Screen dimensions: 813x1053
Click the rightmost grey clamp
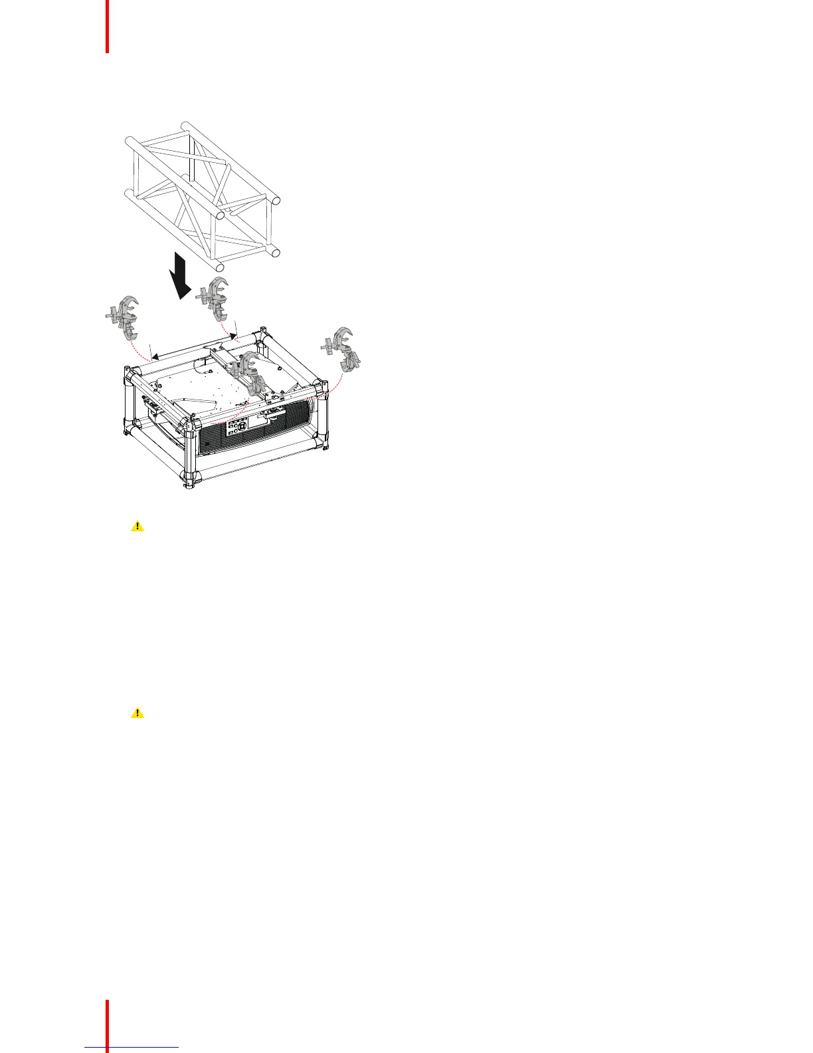tap(344, 348)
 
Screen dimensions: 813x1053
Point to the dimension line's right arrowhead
tap(233, 335)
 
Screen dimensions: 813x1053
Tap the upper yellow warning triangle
tap(137, 526)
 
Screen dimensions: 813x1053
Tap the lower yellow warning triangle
tap(137, 713)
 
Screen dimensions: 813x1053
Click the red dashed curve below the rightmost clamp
tap(335, 382)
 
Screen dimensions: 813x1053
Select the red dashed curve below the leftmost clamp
tap(138, 349)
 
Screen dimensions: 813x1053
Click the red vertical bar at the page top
tap(106, 27)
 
